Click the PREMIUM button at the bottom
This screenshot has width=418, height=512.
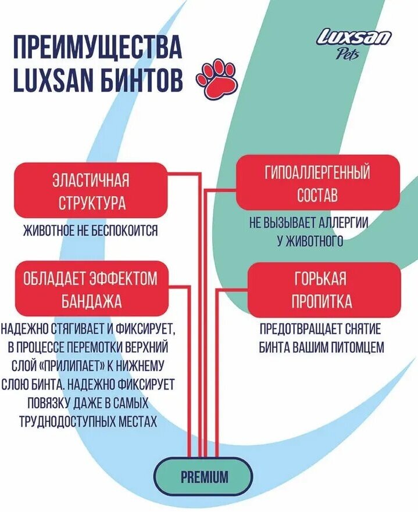point(204,477)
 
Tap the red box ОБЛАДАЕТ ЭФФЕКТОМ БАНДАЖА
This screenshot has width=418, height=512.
point(90,290)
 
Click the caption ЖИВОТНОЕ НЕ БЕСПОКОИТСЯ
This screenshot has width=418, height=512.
point(90,230)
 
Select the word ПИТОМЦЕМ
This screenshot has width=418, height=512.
point(355,347)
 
